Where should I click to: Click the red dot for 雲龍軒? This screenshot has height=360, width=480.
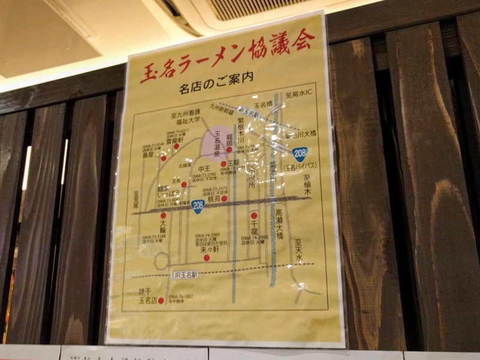(176, 146)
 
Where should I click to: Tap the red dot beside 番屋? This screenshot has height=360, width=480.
(163, 158)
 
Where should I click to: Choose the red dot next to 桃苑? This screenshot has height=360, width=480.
(224, 199)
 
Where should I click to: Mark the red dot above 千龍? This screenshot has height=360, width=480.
(254, 215)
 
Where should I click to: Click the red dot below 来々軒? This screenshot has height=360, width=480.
(206, 257)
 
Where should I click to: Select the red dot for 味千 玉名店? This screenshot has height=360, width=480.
(161, 300)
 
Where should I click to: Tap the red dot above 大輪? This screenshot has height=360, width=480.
(163, 215)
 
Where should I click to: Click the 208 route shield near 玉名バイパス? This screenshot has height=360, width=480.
(299, 154)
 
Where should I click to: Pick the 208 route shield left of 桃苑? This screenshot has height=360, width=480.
(197, 206)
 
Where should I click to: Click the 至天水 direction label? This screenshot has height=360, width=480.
(298, 251)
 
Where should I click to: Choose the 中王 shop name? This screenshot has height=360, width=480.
(204, 169)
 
